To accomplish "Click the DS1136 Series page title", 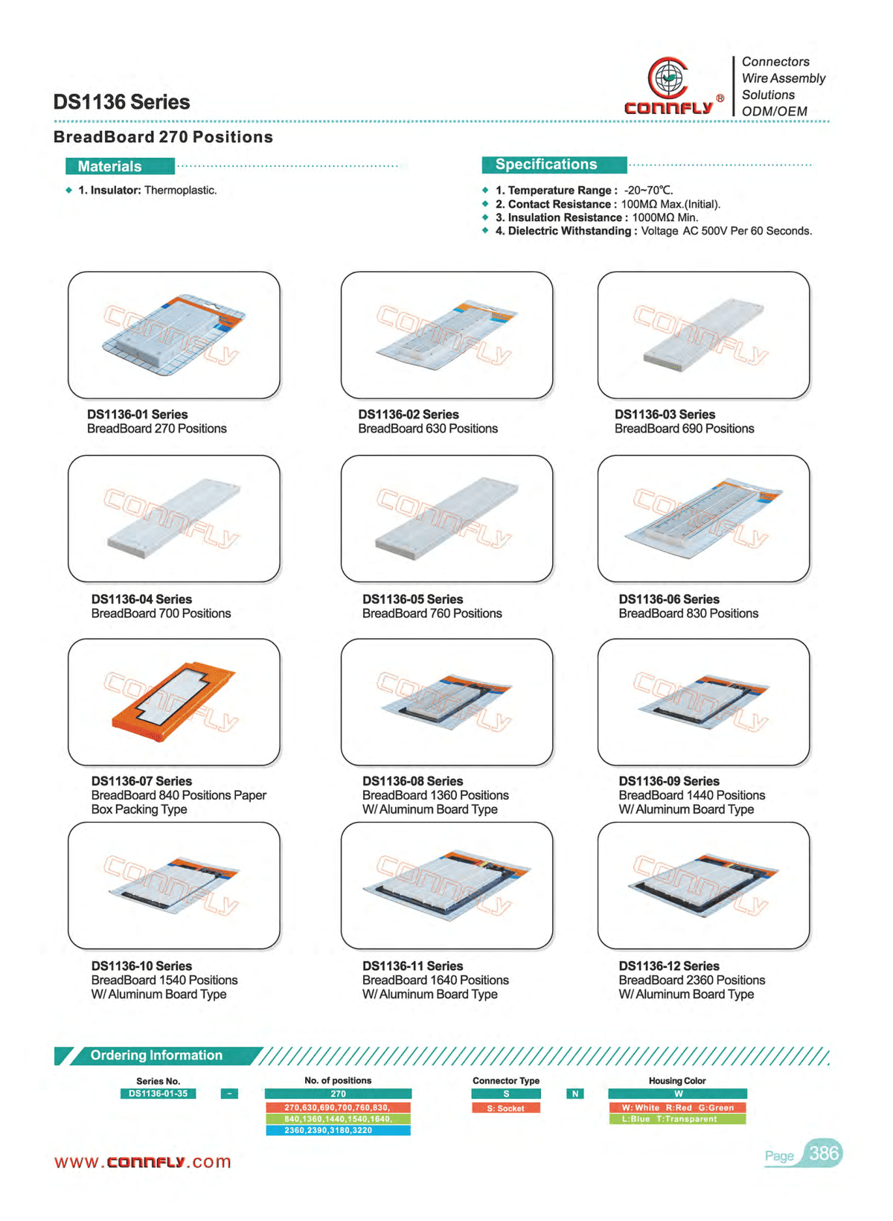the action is [x=121, y=102].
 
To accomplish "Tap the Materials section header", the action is [x=120, y=166].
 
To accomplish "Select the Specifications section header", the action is [x=554, y=164].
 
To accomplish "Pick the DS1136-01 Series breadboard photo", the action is [x=174, y=335].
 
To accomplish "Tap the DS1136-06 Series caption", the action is [x=688, y=606].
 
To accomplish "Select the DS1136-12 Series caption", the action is [x=691, y=980].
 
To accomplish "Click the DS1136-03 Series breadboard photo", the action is [x=703, y=335].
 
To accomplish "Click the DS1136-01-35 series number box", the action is [x=158, y=1094].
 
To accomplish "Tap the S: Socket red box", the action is [x=505, y=1108].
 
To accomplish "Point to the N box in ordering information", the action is [x=574, y=1094].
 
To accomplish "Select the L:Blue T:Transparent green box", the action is [x=677, y=1119].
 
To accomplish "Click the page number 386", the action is [x=823, y=1153].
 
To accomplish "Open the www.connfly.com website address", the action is [x=143, y=1161].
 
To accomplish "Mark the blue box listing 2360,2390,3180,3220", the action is [x=338, y=1130].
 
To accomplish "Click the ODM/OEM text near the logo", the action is [x=774, y=111].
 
